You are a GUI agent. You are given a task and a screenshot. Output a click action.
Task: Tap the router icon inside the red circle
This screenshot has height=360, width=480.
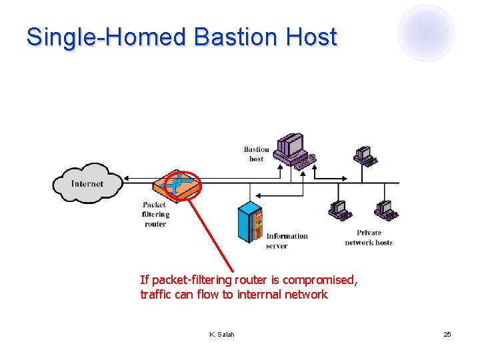point(178,183)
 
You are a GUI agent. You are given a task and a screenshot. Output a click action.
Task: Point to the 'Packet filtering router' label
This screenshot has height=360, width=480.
point(155,214)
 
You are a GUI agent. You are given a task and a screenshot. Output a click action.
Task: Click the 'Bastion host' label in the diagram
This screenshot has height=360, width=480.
point(257,154)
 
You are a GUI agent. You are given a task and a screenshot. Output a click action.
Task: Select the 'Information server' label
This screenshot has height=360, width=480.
point(287,241)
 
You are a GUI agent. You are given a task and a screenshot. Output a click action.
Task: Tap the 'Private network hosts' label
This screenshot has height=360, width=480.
point(369,237)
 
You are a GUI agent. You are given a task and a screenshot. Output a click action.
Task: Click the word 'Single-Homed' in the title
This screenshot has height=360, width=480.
point(106,37)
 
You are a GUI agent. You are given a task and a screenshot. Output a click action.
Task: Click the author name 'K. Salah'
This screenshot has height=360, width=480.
point(222,334)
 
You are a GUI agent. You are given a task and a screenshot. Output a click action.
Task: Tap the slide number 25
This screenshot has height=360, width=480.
point(447,334)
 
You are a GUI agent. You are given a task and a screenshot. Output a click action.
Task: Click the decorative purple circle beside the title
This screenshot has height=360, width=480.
point(426,33)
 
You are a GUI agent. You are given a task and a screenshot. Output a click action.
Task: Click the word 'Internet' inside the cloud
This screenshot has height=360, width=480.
point(87,183)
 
